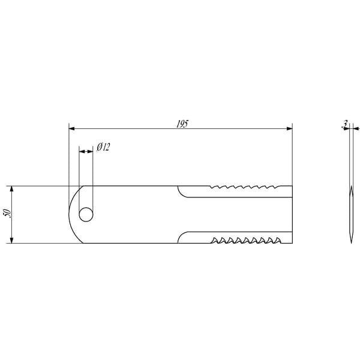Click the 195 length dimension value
tap(182, 124)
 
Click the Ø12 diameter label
tap(103, 147)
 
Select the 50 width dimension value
tap(7, 213)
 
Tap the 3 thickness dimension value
tap(344, 124)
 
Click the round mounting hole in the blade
tap(86, 215)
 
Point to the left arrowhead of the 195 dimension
tap(71, 128)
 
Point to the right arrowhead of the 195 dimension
tap(290, 128)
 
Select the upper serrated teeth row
tap(245, 187)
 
